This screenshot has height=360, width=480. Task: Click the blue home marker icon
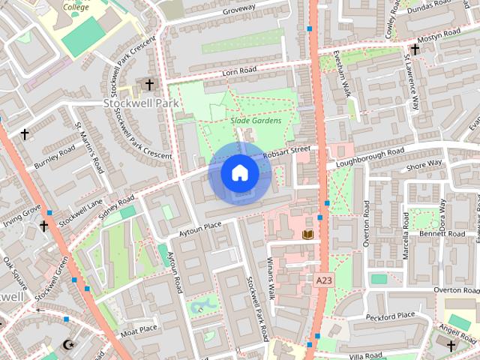(x=240, y=173)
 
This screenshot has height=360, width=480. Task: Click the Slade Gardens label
(x=256, y=120)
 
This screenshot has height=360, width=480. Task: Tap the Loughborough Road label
(x=370, y=157)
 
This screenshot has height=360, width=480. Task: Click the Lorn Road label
(x=239, y=72)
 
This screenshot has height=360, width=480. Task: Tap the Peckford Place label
(x=391, y=316)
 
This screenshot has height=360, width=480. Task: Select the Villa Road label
(x=367, y=354)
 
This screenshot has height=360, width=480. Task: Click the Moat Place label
(x=139, y=328)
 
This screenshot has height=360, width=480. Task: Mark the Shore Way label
(x=424, y=165)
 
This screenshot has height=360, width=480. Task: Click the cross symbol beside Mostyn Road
(x=415, y=49)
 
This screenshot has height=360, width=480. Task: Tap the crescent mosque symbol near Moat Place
(x=69, y=344)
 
